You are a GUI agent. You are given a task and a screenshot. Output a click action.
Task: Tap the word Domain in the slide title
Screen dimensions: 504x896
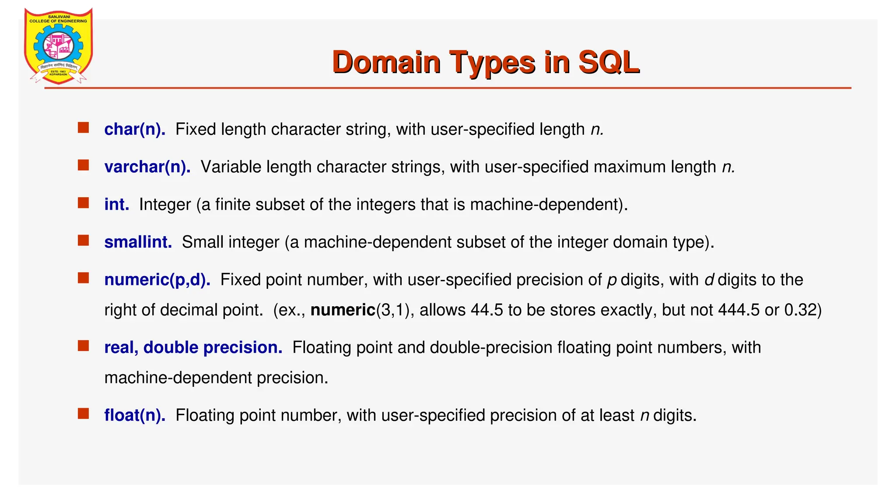[x=386, y=63]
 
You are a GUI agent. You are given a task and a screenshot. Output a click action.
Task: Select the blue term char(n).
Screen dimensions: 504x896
[x=135, y=129]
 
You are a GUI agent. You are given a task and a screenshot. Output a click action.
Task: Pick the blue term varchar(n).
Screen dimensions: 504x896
[x=147, y=167]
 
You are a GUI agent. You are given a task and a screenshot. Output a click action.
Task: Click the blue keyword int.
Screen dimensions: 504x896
[x=116, y=205]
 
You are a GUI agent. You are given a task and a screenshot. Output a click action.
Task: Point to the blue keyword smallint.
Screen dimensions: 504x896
[x=138, y=242]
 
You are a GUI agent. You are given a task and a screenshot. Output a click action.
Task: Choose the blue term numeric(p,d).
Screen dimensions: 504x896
[x=157, y=280]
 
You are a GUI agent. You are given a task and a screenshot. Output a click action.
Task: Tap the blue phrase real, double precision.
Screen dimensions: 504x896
[x=193, y=348]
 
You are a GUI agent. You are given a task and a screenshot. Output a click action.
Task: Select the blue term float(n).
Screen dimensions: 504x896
[x=135, y=416]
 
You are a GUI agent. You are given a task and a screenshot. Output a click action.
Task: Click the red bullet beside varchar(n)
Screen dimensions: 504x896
[x=83, y=165]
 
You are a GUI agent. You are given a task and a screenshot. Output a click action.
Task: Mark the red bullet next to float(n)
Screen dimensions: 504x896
[x=83, y=414]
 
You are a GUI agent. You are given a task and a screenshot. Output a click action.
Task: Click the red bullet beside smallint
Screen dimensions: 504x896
[x=83, y=241]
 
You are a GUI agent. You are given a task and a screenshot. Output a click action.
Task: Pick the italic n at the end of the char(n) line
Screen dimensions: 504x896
[x=596, y=130]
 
